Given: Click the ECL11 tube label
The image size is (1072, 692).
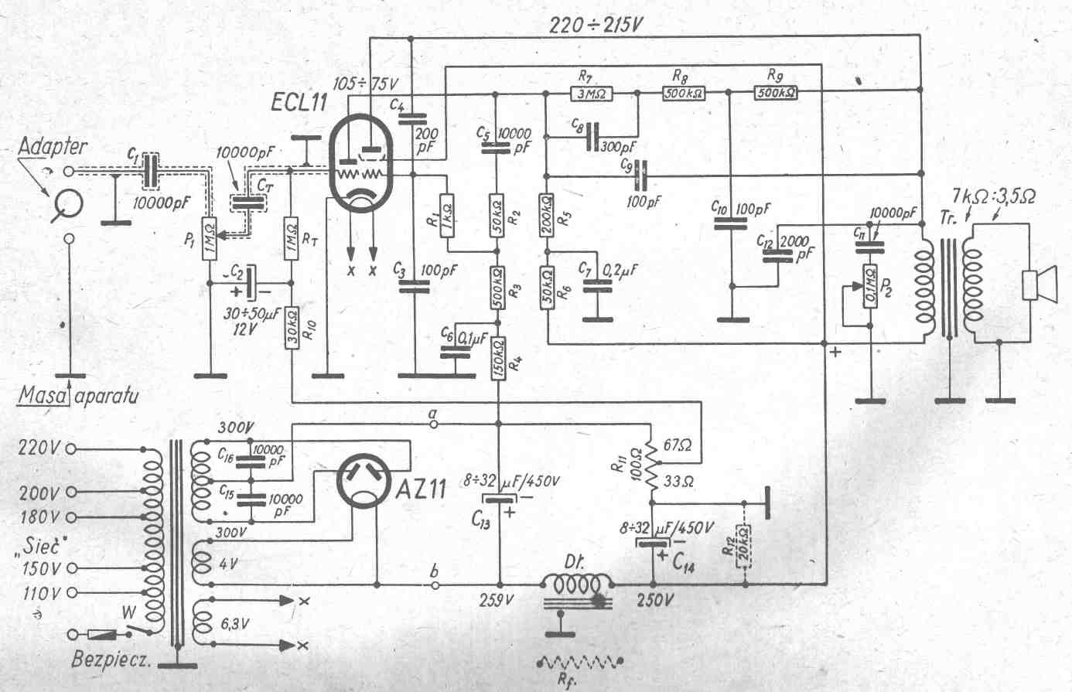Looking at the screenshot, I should pos(299,102).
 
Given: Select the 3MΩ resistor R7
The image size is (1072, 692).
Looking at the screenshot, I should pos(591,94).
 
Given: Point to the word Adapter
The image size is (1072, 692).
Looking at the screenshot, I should pos(53,146).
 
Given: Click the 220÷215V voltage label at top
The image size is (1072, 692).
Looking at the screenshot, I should pos(596,25).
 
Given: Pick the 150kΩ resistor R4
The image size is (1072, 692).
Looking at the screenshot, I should pos(498,359).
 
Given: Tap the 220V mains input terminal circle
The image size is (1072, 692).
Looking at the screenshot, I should pos(71,448).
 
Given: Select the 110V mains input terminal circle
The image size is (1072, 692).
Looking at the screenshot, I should pos(71,593).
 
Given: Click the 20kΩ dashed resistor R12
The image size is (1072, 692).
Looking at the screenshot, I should pos(744,547).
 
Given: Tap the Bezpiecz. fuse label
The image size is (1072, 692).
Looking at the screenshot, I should pos(111,660).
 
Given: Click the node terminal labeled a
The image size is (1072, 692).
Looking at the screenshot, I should pos(435,424).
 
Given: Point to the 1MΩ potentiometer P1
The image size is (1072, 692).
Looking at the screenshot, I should pos(209,238).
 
